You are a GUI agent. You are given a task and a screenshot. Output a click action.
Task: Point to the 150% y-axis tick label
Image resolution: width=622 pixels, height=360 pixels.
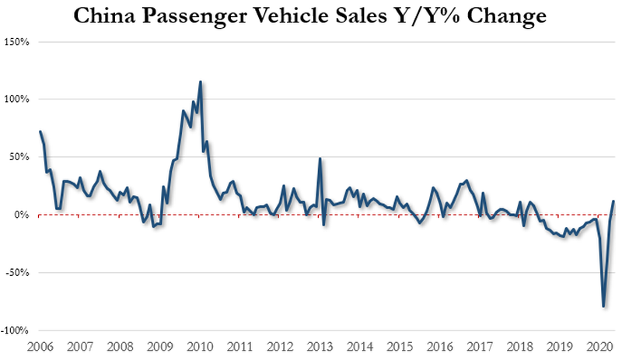(18, 41)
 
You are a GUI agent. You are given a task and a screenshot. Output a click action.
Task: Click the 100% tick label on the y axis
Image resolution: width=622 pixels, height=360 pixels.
(18, 99)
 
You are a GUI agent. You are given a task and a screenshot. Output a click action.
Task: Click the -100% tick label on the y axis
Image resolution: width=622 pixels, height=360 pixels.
(16, 330)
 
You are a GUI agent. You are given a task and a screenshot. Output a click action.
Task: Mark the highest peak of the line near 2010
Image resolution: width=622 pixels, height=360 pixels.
(201, 82)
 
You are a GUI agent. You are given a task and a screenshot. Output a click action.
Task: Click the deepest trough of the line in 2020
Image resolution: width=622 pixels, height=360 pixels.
(604, 306)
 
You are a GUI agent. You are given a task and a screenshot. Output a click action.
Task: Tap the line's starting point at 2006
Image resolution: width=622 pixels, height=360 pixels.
(40, 131)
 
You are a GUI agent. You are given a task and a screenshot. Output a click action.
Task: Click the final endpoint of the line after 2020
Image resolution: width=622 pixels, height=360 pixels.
(614, 201)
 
